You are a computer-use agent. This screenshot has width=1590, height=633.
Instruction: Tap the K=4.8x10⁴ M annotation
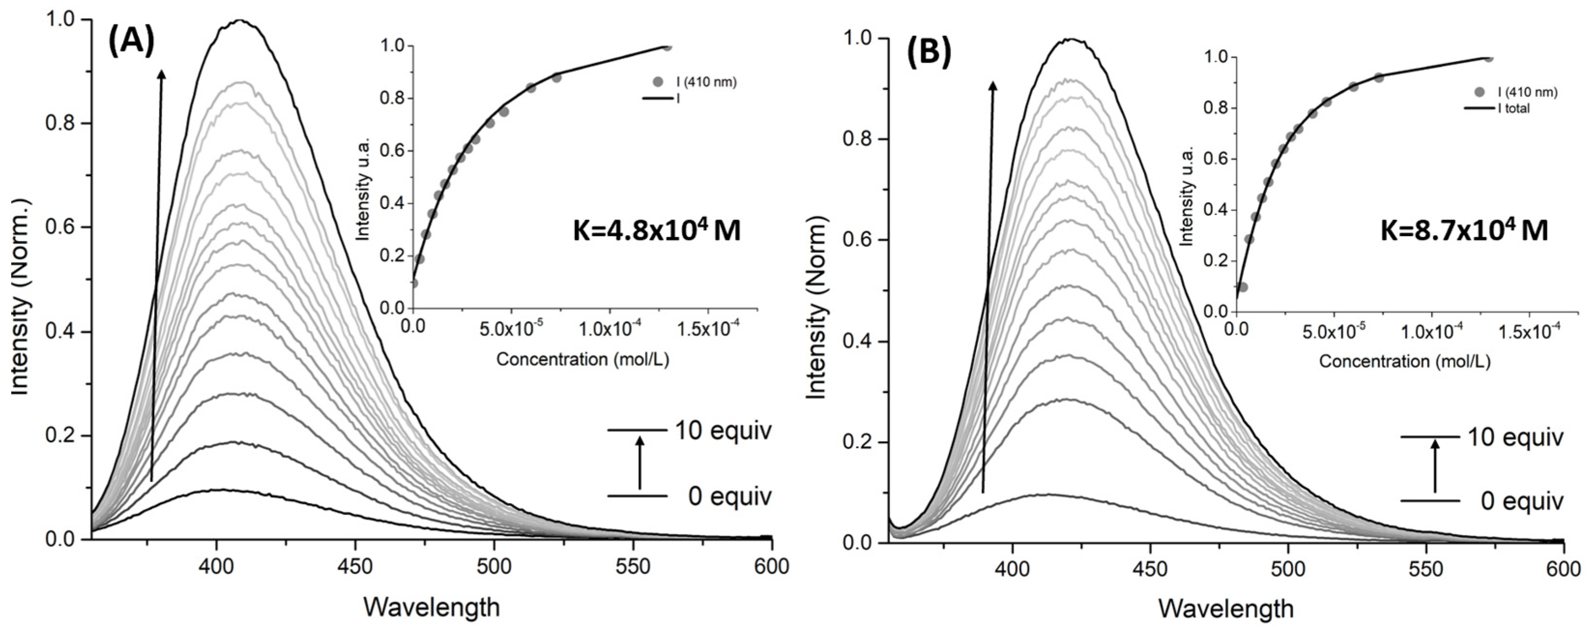(657, 231)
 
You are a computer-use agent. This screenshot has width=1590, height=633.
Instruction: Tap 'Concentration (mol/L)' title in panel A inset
(583, 359)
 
